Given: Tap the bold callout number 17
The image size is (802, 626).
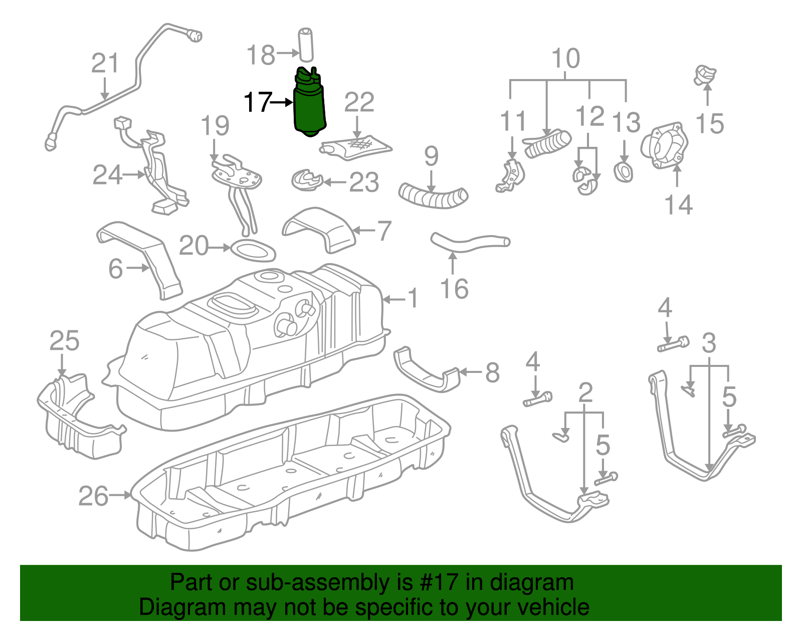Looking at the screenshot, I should (x=258, y=102).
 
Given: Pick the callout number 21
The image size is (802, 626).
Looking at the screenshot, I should (x=105, y=64).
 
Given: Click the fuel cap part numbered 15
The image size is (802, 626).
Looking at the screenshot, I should (x=705, y=75).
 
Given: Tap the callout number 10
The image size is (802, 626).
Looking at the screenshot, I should (x=566, y=59).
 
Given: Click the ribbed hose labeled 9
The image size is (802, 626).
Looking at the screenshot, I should (x=433, y=195).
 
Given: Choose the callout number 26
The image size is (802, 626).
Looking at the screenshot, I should (x=93, y=496).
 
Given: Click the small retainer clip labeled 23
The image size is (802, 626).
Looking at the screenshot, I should (x=306, y=180).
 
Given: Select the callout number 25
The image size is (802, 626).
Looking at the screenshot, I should (x=64, y=341).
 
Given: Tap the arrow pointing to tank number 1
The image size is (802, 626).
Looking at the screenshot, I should (x=394, y=299).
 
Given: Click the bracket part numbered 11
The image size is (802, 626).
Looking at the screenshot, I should (x=510, y=177).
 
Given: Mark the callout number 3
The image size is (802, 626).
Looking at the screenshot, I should (x=709, y=343).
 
